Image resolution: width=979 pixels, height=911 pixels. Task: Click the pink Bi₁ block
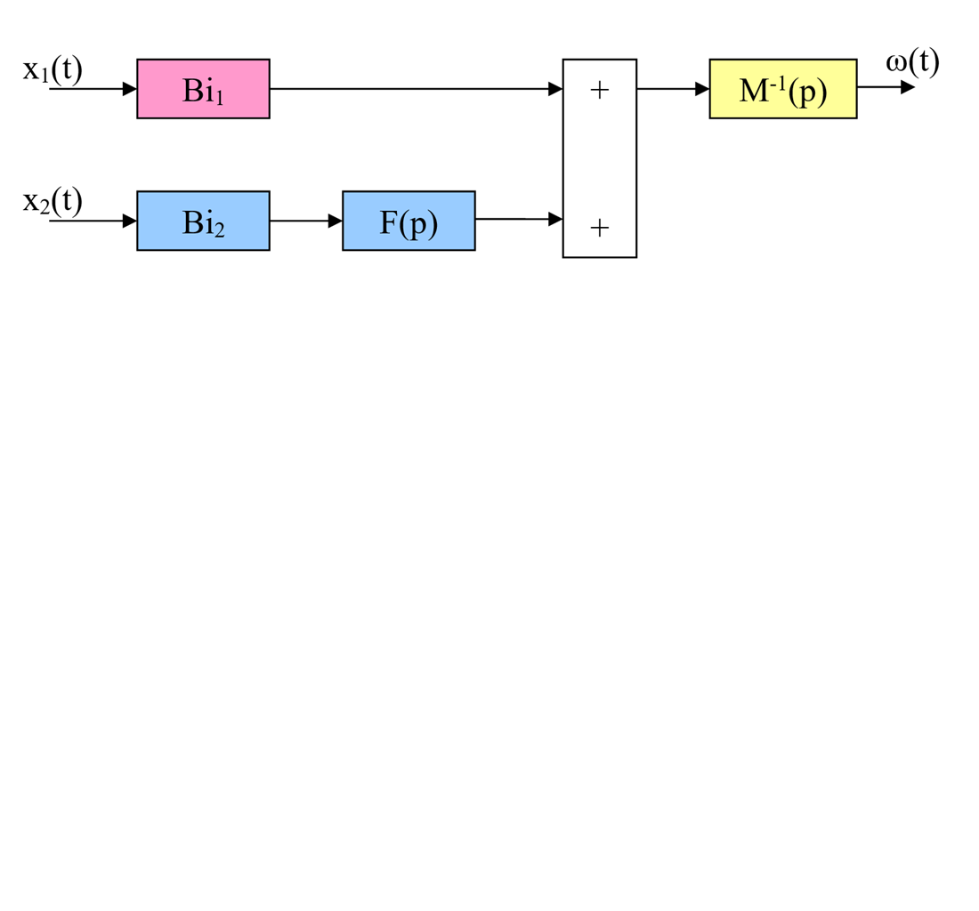coord(203,89)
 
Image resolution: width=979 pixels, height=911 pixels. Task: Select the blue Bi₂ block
coord(203,221)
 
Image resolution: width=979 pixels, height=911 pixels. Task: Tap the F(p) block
coord(409,221)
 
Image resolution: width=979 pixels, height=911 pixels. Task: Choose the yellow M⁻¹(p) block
coord(782,89)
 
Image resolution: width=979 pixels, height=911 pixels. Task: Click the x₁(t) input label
coord(53,69)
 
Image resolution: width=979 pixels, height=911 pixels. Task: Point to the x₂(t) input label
coord(53,201)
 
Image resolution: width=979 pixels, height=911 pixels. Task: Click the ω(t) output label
coord(912,62)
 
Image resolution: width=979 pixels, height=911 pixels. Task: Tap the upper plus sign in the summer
coord(599,90)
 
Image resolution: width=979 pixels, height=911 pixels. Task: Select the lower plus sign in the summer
coord(599,228)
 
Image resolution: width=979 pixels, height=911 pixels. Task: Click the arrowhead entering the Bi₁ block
coord(130,89)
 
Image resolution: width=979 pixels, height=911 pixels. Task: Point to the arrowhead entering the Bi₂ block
coord(130,221)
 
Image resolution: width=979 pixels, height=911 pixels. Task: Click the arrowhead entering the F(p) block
coord(336,221)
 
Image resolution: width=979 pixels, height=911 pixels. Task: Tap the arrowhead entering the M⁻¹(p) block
coord(702,89)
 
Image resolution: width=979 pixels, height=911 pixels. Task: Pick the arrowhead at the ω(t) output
coord(908,87)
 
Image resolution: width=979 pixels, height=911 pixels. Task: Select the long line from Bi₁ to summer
coord(409,89)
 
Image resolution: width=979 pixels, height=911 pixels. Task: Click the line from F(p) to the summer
coord(512,218)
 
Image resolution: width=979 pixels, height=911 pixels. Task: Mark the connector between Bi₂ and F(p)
coord(299,221)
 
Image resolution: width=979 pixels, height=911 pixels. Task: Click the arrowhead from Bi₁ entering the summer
coord(555,89)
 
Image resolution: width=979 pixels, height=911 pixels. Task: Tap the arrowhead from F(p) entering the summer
coord(555,218)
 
